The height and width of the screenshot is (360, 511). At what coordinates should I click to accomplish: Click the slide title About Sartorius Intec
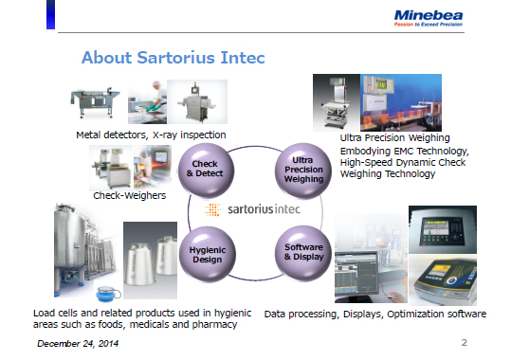click(173, 58)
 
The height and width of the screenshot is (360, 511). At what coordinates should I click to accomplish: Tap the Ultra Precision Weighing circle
click(304, 169)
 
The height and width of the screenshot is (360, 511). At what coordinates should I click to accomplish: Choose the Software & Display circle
click(304, 253)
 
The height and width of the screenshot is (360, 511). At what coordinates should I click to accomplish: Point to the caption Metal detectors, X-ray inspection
click(151, 135)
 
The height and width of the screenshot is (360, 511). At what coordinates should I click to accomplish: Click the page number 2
click(464, 340)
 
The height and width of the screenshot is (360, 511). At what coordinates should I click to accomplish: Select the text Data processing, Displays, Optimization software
click(374, 313)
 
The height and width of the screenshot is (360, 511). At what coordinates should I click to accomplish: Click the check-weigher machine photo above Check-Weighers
click(125, 168)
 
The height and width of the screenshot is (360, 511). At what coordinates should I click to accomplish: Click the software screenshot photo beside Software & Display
click(369, 269)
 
